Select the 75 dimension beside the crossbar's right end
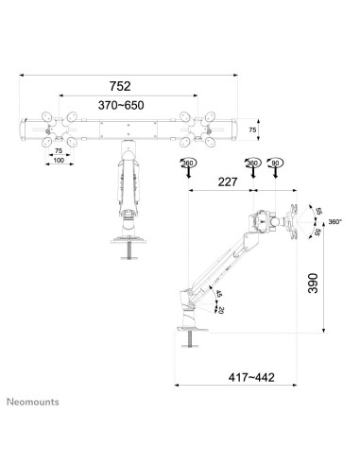click(252, 130)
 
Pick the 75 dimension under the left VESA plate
click(58, 150)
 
